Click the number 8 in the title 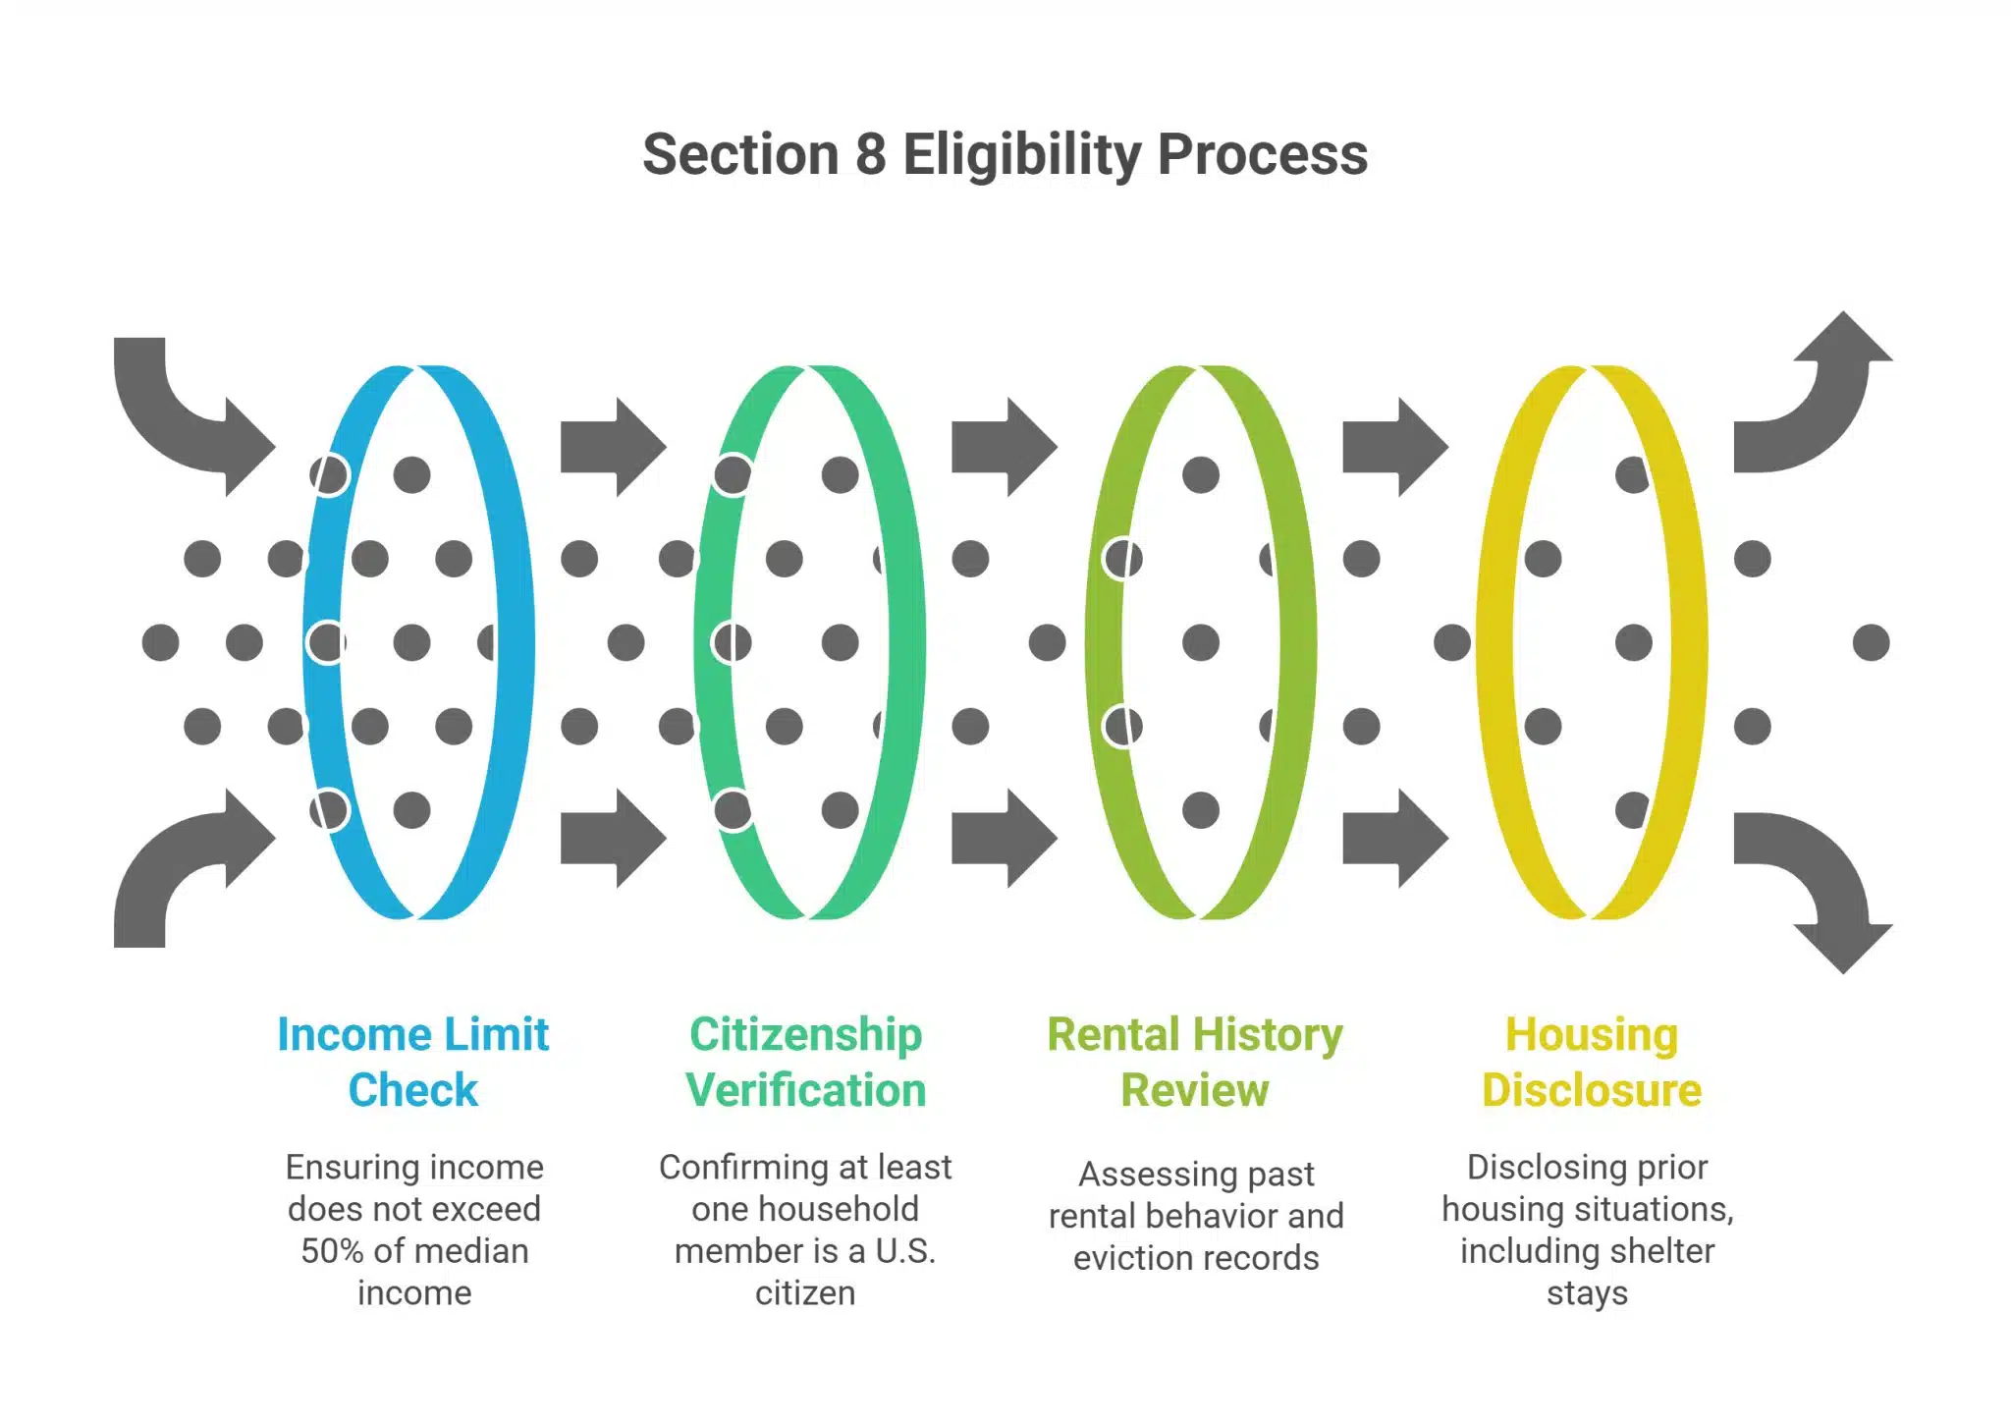point(870,155)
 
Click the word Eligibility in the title point(1022,155)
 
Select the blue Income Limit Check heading point(412,1062)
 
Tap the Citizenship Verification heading point(805,1062)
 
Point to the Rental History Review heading point(1195,1062)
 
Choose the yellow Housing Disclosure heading point(1591,1062)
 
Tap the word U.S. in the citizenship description point(905,1251)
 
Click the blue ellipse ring point(515,643)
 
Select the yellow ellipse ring point(1689,643)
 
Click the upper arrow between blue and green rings point(611,447)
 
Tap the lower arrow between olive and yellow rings point(1392,838)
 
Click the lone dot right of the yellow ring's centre point(1871,643)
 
